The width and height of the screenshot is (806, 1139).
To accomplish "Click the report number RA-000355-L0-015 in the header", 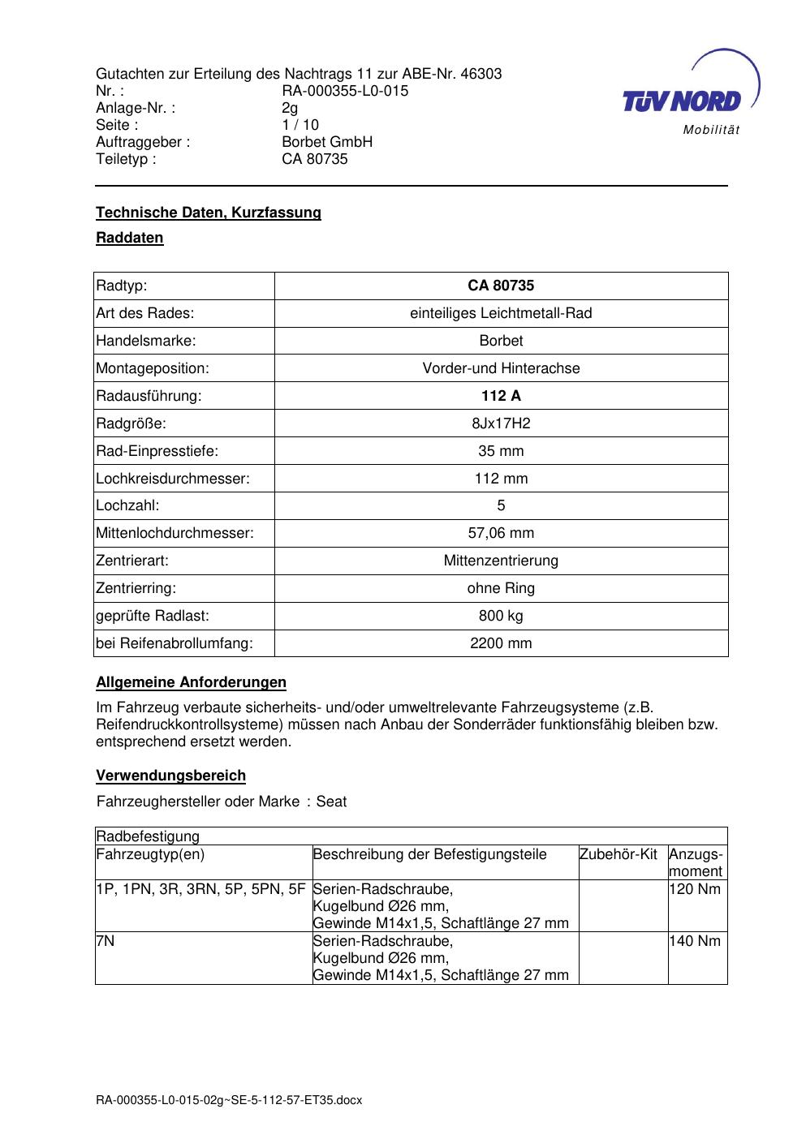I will [x=345, y=91].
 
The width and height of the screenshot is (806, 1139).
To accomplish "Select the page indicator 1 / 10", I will [x=300, y=125].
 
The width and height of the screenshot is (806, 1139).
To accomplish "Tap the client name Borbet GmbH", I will [x=327, y=142].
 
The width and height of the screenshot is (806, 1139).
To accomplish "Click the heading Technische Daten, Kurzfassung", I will [x=209, y=213].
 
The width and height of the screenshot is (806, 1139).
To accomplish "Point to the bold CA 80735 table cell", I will [x=501, y=286].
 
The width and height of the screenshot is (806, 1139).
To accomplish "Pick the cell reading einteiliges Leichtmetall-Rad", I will [x=501, y=313].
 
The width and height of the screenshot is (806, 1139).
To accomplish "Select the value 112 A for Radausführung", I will [x=501, y=396].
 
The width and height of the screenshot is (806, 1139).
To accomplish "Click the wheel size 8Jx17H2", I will [x=501, y=423].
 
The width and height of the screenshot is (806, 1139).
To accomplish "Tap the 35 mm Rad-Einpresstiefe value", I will [x=501, y=451].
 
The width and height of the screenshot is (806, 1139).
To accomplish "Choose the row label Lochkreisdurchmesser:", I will [x=173, y=479].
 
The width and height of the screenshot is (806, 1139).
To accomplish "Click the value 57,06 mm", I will [x=501, y=533].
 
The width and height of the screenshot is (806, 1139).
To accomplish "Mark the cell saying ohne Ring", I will [x=501, y=588].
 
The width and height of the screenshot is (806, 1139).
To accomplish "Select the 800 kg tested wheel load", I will [x=501, y=616].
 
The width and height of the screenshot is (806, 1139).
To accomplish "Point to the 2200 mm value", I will [x=501, y=643].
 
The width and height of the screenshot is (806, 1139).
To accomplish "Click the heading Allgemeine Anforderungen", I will [x=191, y=682].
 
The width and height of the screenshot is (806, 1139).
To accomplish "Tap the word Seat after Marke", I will [x=331, y=802].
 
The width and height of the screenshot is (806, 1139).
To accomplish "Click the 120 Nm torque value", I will [x=695, y=889].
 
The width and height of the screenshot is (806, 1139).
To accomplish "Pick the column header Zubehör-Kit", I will [x=619, y=854].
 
